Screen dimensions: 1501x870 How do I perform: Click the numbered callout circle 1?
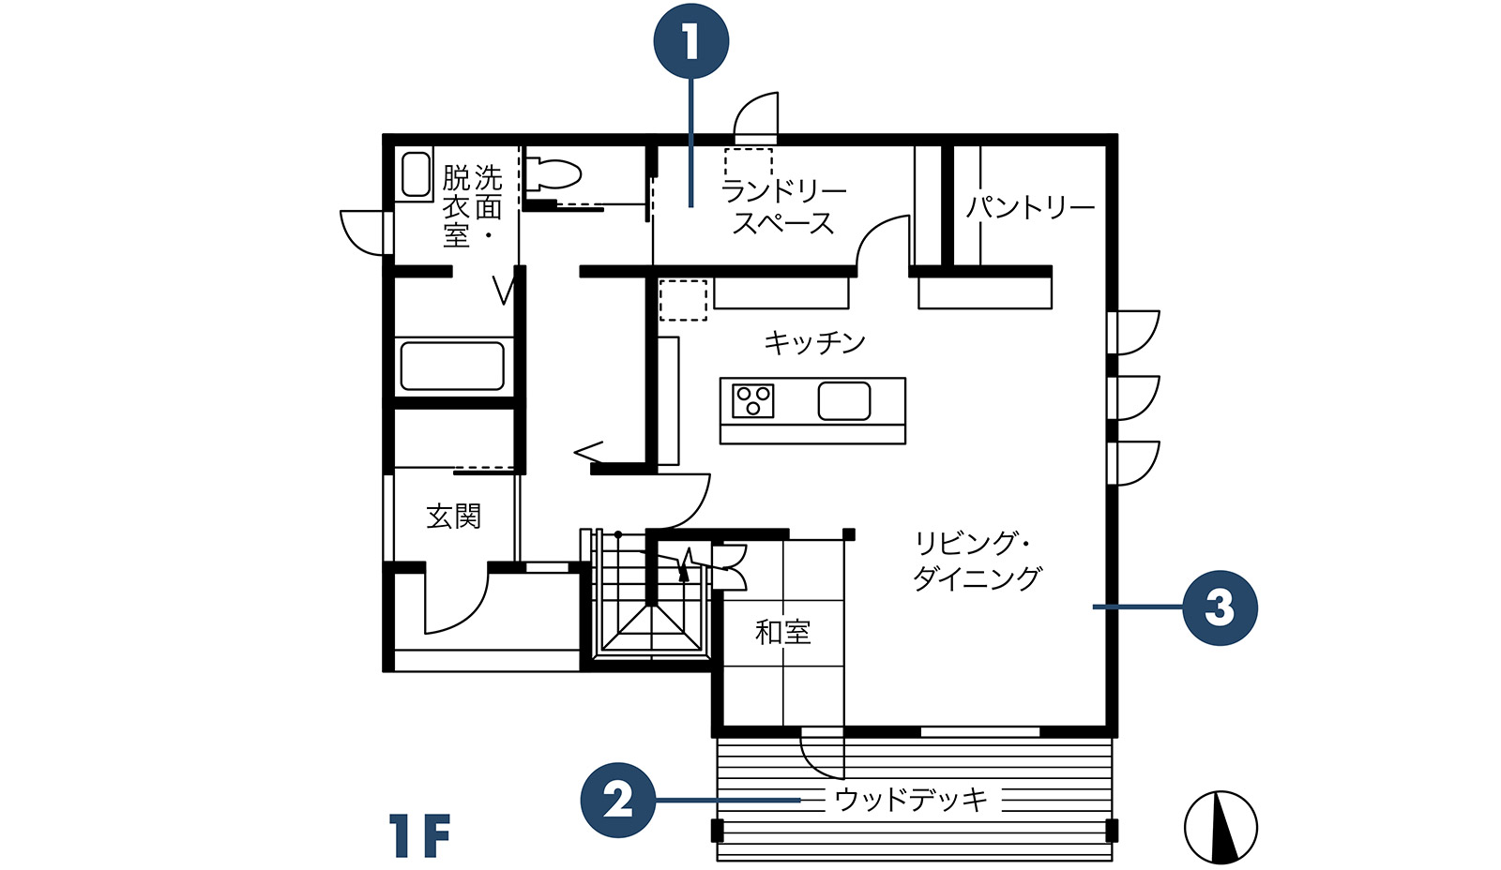click(690, 41)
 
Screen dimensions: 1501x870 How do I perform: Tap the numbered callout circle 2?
click(618, 800)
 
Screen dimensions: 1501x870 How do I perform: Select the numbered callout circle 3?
click(1220, 607)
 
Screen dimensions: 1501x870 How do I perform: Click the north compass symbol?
click(1221, 828)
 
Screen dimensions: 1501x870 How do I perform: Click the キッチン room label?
click(815, 343)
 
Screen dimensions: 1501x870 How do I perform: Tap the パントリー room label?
click(1031, 207)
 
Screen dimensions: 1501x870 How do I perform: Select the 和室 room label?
click(782, 632)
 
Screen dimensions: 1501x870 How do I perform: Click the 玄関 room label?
click(454, 517)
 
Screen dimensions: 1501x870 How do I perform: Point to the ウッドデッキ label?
click(911, 799)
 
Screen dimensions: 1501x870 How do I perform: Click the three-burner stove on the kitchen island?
click(752, 400)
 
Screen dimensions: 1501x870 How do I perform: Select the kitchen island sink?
click(843, 401)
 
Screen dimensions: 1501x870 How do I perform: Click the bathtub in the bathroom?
click(452, 366)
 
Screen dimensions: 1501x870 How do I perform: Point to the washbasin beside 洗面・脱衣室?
click(416, 174)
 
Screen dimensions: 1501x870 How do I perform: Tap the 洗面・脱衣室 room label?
click(473, 206)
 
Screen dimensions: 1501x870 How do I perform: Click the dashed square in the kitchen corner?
click(683, 300)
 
